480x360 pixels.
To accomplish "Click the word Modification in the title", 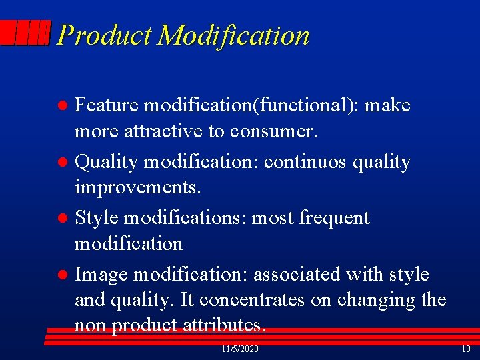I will pyautogui.click(x=233, y=35).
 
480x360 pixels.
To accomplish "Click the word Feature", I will pyautogui.click(x=107, y=105).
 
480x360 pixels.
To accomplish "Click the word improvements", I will pyautogui.click(x=137, y=188).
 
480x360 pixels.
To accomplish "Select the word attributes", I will pyautogui.click(x=226, y=325).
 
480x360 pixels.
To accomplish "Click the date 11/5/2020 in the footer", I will pyautogui.click(x=240, y=349).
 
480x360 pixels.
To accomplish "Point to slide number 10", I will pyautogui.click(x=465, y=349).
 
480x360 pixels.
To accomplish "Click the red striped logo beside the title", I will pyautogui.click(x=26, y=33).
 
